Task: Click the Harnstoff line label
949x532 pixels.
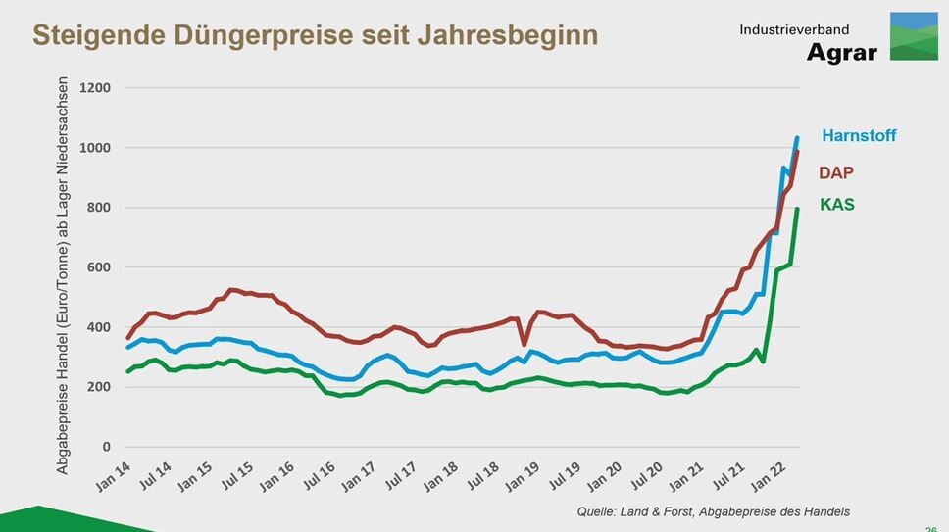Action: tap(859, 136)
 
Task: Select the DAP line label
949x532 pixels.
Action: tap(836, 172)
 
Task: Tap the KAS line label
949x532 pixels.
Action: tap(836, 205)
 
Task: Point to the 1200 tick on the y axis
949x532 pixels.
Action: tap(95, 88)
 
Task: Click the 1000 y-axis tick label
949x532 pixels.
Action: tap(95, 148)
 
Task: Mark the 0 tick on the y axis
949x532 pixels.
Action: tap(106, 447)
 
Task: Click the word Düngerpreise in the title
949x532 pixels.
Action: tap(235, 35)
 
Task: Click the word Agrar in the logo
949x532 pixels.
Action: tap(842, 53)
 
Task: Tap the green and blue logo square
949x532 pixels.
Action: tap(914, 36)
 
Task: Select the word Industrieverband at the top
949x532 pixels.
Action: tap(794, 31)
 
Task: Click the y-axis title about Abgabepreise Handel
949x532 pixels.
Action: tap(63, 275)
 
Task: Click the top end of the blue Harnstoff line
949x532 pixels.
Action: tap(797, 138)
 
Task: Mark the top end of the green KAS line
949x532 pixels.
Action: tap(797, 208)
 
